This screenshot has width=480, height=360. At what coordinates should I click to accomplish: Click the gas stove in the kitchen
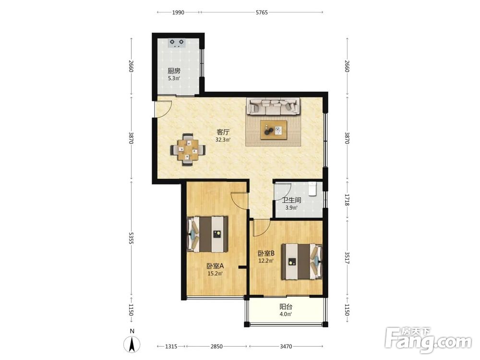click(177, 43)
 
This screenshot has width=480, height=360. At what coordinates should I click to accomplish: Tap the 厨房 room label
click(174, 71)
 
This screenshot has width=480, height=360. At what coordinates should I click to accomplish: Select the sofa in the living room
click(274, 106)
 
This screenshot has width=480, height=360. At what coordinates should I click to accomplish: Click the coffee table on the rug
click(274, 130)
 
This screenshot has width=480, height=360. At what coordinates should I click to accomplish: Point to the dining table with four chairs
click(188, 149)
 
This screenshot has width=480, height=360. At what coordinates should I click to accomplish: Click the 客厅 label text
click(223, 132)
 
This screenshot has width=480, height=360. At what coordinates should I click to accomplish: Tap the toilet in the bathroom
click(312, 189)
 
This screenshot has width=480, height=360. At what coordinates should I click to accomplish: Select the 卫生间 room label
click(291, 201)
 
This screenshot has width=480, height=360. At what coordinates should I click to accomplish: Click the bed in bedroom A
click(208, 234)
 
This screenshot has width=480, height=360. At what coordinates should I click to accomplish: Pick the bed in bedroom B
click(302, 262)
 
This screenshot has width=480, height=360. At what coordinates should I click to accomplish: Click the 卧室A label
click(215, 266)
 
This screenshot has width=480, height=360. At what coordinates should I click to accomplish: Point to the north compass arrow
click(132, 344)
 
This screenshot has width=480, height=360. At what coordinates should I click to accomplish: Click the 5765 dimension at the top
click(262, 12)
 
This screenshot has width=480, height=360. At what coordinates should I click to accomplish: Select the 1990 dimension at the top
click(178, 12)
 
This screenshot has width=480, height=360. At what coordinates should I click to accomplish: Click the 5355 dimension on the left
click(132, 238)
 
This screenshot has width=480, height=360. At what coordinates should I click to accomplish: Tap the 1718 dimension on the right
click(347, 200)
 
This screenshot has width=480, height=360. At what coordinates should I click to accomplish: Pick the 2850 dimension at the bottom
click(217, 347)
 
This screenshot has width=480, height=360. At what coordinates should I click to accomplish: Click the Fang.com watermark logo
click(429, 339)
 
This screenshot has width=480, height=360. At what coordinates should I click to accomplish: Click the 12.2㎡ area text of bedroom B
click(266, 261)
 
